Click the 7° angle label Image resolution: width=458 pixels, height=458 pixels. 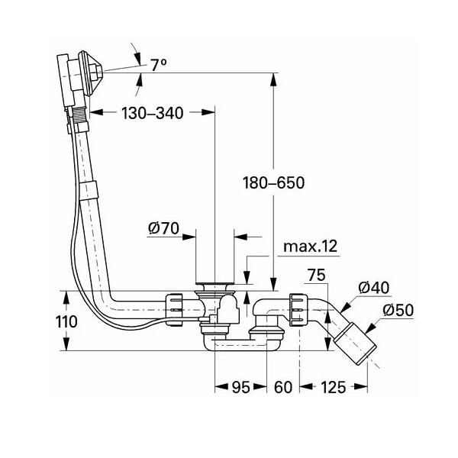pyautogui.click(x=159, y=65)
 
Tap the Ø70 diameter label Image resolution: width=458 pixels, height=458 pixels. pyautogui.click(x=163, y=227)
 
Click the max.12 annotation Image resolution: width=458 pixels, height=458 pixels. pyautogui.click(x=310, y=246)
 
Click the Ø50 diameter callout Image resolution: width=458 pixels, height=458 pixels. pyautogui.click(x=398, y=311)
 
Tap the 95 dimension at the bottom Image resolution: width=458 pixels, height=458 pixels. pyautogui.click(x=240, y=389)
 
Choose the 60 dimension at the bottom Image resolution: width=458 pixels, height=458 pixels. pyautogui.click(x=282, y=389)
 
